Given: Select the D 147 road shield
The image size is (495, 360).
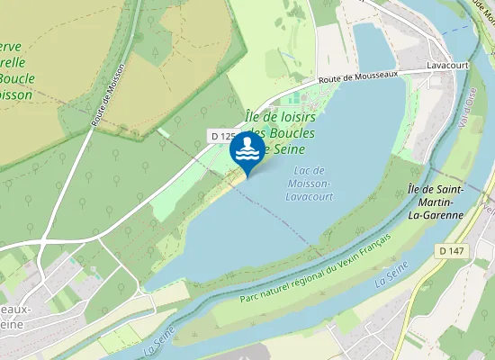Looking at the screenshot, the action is coord(454,249).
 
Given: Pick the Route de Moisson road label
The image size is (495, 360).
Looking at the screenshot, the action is coord(108,94).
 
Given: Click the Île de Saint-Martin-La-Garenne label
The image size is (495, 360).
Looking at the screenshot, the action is coord(435,202).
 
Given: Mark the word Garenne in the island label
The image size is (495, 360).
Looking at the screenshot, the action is coord(442,216).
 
